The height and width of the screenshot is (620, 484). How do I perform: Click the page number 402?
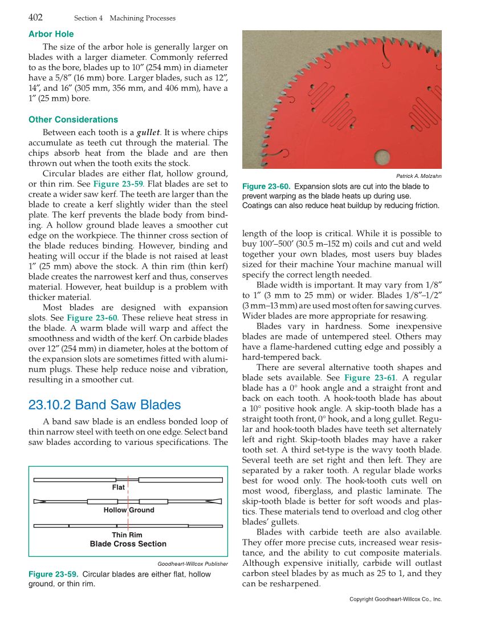pyautogui.click(x=35, y=17)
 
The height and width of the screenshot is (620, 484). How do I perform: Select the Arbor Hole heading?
pyautogui.click(x=51, y=34)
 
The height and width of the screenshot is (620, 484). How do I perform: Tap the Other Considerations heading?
pyautogui.click(x=73, y=119)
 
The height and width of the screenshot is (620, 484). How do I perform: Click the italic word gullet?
pyautogui.click(x=148, y=132)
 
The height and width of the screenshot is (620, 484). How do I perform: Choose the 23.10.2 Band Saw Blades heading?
pyautogui.click(x=104, y=405)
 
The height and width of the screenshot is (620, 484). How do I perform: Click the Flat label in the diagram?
pyautogui.click(x=119, y=488)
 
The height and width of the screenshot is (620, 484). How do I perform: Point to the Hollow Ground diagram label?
pyautogui.click(x=129, y=510)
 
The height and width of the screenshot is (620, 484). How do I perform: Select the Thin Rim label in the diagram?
pyautogui.click(x=127, y=535)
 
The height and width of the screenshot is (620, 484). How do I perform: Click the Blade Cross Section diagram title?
pyautogui.click(x=128, y=544)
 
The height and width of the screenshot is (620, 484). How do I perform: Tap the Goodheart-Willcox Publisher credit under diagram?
pyautogui.click(x=193, y=564)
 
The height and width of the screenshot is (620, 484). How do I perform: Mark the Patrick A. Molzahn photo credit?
pyautogui.click(x=418, y=176)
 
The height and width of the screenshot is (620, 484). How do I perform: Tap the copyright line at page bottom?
pyautogui.click(x=395, y=599)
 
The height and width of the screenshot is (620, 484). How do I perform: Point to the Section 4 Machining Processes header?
pyautogui.click(x=125, y=18)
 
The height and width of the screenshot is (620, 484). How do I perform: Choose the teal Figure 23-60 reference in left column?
pyautogui.click(x=92, y=318)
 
